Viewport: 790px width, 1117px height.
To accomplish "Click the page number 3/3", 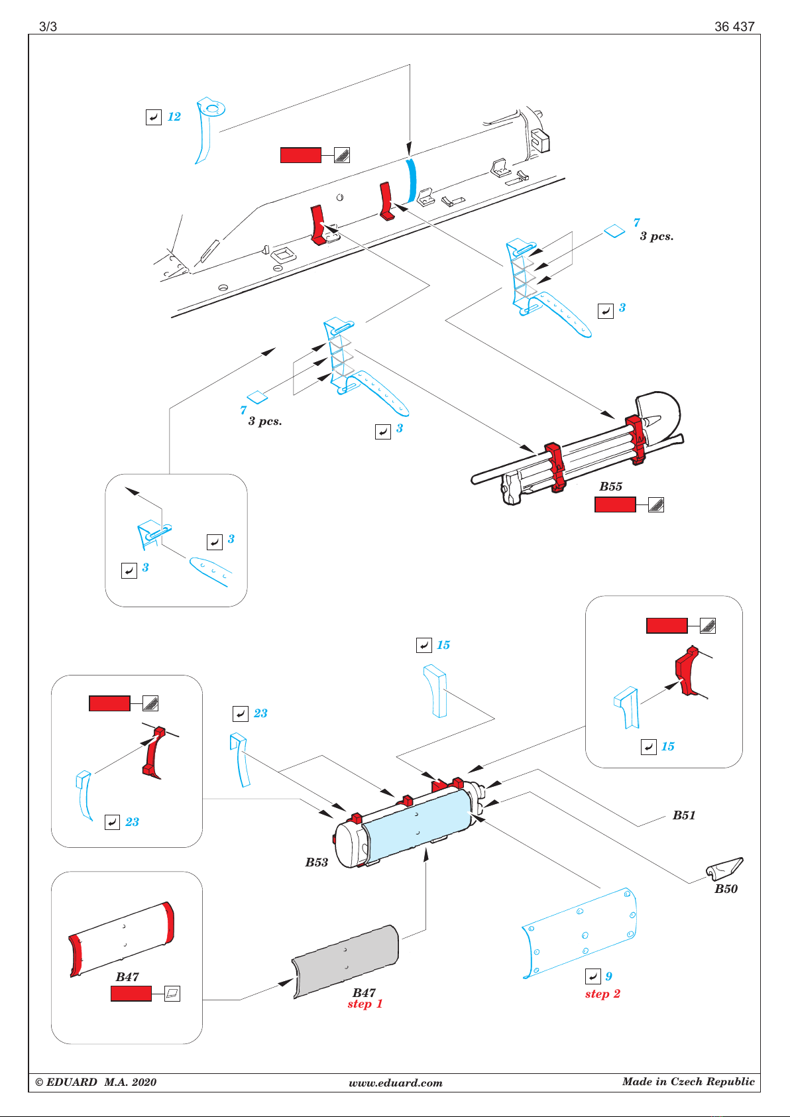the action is pos(48,27).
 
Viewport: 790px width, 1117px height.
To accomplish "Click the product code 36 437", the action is pos(734,27).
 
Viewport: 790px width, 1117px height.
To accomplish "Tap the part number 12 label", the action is pos(174,117).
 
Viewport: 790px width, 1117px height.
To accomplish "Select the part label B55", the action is pos(610,486).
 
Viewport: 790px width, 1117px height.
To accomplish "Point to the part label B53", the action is pos(317,862).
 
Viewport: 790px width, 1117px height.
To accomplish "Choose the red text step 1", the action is pos(365,1004).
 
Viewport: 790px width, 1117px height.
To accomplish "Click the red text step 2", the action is pos(602,994).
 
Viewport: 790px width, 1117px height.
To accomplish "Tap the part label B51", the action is pos(684,815).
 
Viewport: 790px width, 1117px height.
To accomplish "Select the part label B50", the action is pos(726,888).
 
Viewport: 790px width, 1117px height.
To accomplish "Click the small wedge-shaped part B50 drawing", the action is pos(724,868).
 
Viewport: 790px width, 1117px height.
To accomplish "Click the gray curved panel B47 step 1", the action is pos(345,961).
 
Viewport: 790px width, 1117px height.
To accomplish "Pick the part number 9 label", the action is pos(608,976).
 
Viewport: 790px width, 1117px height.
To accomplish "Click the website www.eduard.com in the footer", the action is pos(395,1083).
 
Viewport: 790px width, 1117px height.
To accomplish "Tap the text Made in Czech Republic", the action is pos(689,1082).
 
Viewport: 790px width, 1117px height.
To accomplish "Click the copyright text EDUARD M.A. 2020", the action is pos(95,1082).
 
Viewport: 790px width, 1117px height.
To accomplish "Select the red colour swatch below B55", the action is pos(615,504).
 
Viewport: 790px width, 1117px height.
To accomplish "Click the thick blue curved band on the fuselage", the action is pos(411,180).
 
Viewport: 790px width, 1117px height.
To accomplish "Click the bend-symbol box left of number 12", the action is pos(154,117).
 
